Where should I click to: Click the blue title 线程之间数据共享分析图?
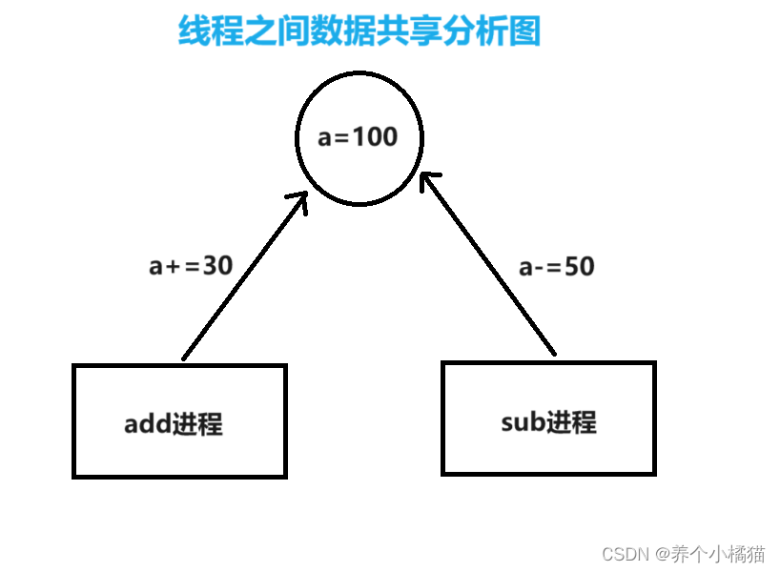coord(359,31)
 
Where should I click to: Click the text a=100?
coord(358,137)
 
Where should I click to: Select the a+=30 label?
coord(191,266)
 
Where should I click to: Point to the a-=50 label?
coord(556,267)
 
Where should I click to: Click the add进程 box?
coord(179,453)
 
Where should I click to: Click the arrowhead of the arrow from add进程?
coord(301,199)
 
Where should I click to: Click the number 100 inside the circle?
coord(375,137)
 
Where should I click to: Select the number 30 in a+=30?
coord(217,266)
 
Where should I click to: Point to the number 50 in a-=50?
coord(579,267)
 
